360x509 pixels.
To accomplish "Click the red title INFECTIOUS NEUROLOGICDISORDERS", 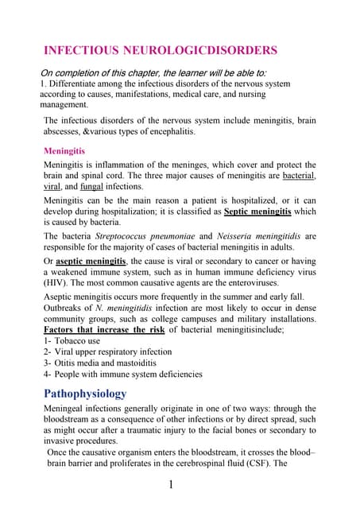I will tap(160, 50).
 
